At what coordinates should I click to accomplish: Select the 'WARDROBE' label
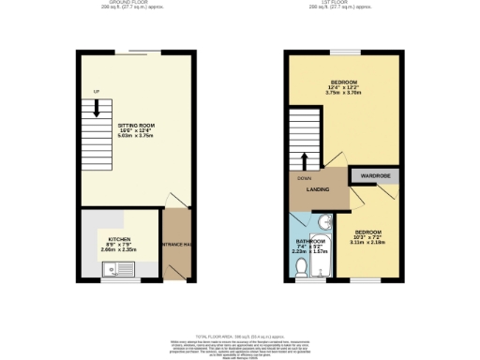point(374,175)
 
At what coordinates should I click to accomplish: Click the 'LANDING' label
point(317,190)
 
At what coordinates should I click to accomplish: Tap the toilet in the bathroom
point(301,269)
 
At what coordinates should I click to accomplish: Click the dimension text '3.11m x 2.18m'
point(367,242)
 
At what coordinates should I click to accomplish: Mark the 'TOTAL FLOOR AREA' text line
point(240,335)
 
